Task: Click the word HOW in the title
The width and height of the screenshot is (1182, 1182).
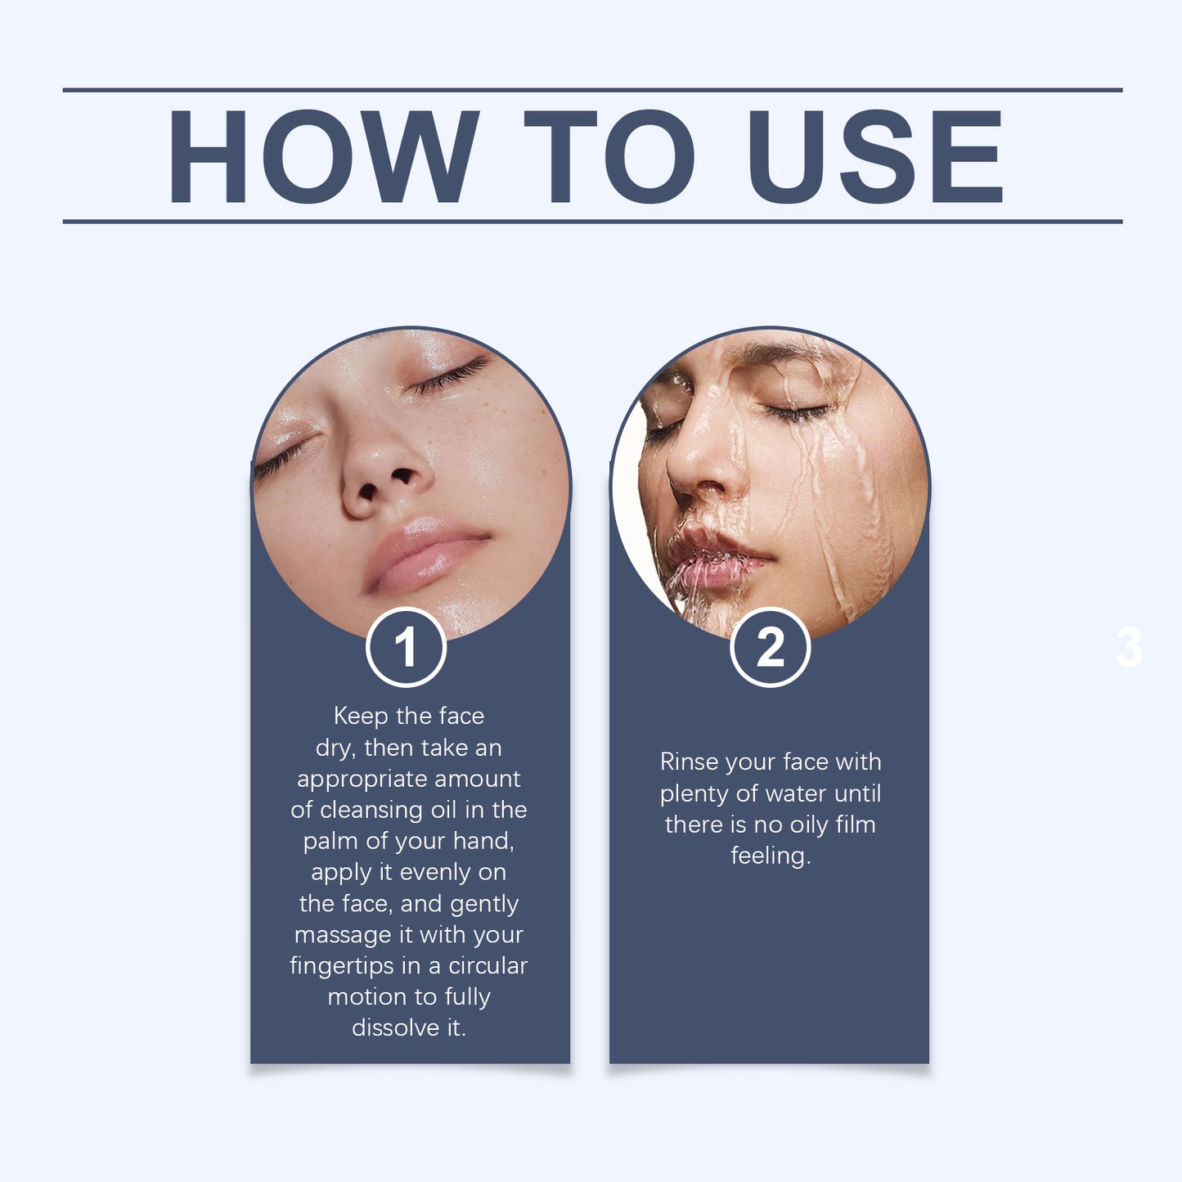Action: (323, 156)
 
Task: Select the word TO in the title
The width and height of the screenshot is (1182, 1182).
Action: (609, 156)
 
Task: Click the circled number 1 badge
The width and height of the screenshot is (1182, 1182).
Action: (406, 647)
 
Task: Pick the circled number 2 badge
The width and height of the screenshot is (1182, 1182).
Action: (771, 647)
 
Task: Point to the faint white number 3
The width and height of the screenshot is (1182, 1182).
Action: (1130, 647)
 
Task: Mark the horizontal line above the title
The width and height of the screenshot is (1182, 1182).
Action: (592, 89)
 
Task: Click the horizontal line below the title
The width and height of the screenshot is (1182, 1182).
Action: (592, 222)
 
